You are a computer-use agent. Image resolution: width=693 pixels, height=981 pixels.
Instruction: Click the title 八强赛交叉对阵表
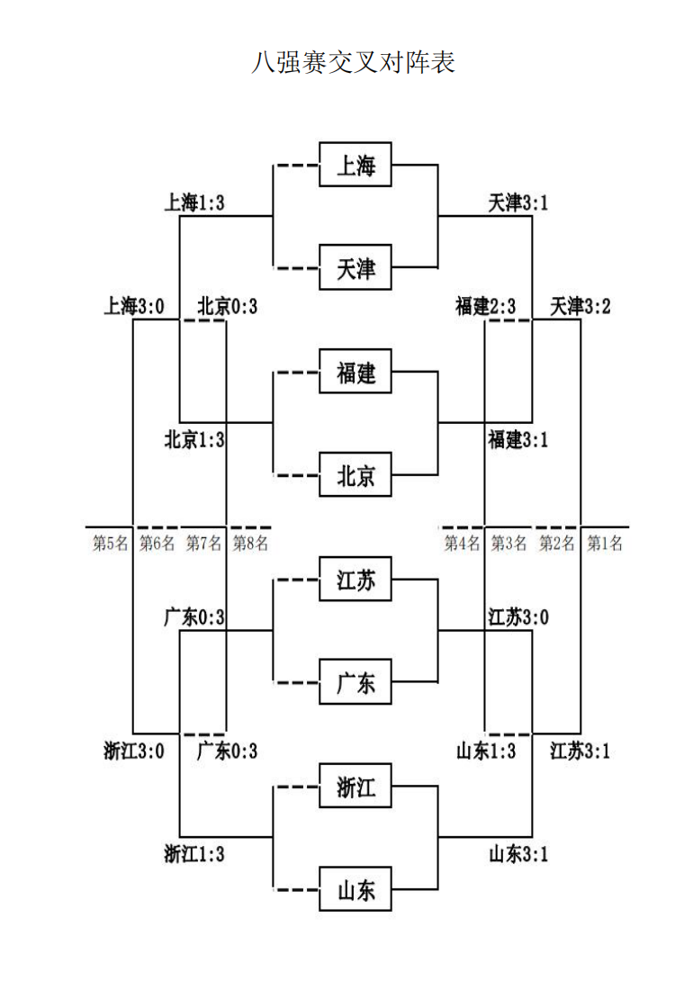[x=353, y=63]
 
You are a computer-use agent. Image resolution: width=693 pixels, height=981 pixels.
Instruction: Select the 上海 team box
[x=355, y=165]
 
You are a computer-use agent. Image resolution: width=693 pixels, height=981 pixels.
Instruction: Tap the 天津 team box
[x=355, y=268]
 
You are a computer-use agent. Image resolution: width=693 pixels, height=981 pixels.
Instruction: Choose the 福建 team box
[x=355, y=371]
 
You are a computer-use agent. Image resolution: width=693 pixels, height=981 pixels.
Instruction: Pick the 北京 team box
[x=355, y=475]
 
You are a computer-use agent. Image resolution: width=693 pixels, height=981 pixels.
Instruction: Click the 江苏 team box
[x=355, y=579]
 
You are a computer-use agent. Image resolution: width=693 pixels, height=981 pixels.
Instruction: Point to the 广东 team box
[x=355, y=682]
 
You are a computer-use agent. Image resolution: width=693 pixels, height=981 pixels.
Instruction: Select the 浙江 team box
[x=355, y=786]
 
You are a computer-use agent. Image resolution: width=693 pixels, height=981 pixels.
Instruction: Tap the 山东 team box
[x=355, y=889]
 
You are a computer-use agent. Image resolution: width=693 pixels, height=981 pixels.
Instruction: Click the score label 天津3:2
[x=580, y=307]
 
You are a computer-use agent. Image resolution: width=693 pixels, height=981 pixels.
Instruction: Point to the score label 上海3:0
[x=134, y=307]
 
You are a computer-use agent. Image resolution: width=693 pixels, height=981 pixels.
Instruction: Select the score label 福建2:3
[x=485, y=307]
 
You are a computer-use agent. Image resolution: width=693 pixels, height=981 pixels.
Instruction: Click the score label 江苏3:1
[x=580, y=750]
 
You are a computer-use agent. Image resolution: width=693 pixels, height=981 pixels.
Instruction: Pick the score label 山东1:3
[x=485, y=750]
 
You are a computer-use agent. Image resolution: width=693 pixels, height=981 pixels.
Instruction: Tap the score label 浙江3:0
[x=134, y=750]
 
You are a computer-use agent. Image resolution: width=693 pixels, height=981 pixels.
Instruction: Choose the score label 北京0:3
[x=227, y=307]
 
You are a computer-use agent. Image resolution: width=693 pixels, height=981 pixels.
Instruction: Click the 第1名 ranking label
[x=604, y=543]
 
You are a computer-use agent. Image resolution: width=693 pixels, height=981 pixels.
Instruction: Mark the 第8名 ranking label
[x=250, y=543]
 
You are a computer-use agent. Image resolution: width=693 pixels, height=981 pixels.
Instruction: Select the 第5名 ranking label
[x=110, y=543]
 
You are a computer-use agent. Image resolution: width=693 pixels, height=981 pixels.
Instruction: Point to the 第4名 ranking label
[x=463, y=543]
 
